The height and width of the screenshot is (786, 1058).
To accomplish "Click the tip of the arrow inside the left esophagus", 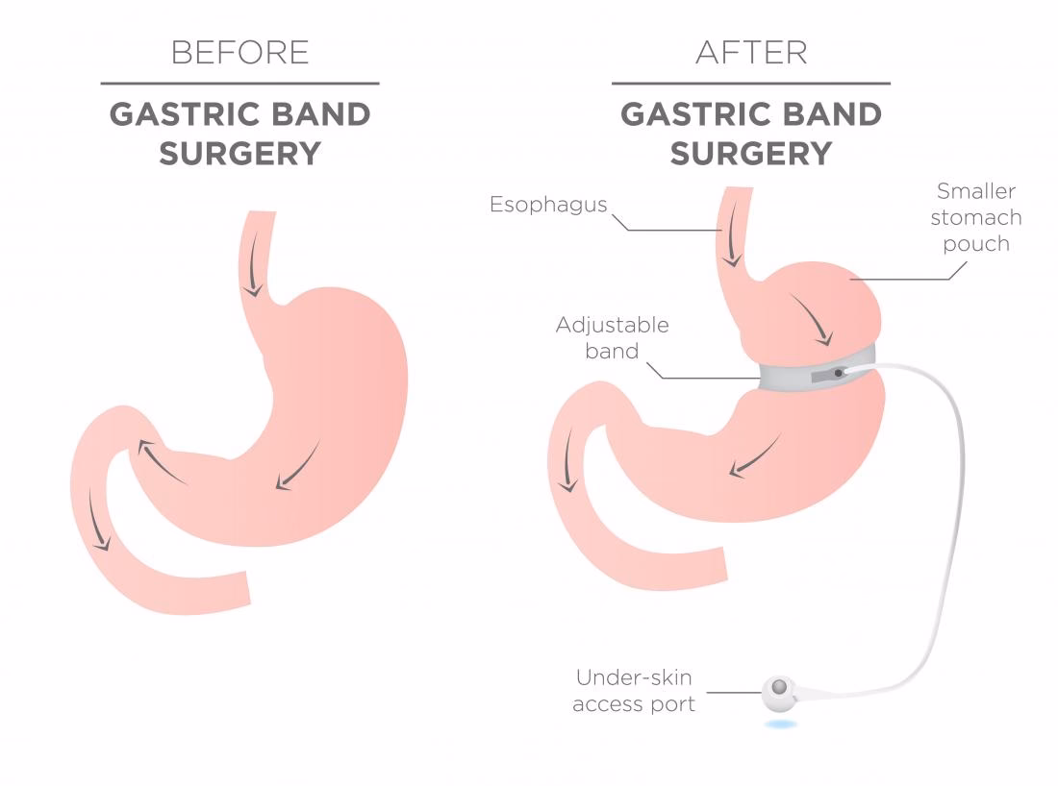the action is pyautogui.click(x=254, y=296).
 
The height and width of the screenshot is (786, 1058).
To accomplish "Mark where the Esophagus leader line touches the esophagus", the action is pyautogui.click(x=722, y=231).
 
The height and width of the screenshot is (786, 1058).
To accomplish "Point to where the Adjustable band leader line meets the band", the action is pyautogui.click(x=760, y=378).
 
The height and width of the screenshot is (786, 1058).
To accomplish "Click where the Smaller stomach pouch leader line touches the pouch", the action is pyautogui.click(x=850, y=279).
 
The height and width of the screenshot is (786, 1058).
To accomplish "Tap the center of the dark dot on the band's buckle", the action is pyautogui.click(x=839, y=373).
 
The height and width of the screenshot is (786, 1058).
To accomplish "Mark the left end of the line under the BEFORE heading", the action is pyautogui.click(x=101, y=84).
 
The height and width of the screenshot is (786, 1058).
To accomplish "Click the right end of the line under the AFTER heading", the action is pyautogui.click(x=891, y=84).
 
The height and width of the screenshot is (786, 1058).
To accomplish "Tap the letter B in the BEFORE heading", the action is pyautogui.click(x=180, y=53).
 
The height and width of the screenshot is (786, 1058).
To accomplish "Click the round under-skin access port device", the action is pyautogui.click(x=779, y=692).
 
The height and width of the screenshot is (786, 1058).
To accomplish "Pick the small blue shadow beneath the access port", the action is pyautogui.click(x=781, y=725).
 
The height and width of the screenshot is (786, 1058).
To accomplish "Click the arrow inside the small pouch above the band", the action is pyautogui.click(x=812, y=319).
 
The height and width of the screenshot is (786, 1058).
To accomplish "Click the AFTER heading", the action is pyautogui.click(x=752, y=53).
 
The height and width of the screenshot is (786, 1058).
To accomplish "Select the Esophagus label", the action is pyautogui.click(x=548, y=205).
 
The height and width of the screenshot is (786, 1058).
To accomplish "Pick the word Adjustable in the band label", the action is pyautogui.click(x=612, y=326).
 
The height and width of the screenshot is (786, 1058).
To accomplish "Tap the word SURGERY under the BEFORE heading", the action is pyautogui.click(x=240, y=154).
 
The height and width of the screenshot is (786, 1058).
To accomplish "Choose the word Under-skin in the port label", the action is pyautogui.click(x=634, y=677).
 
